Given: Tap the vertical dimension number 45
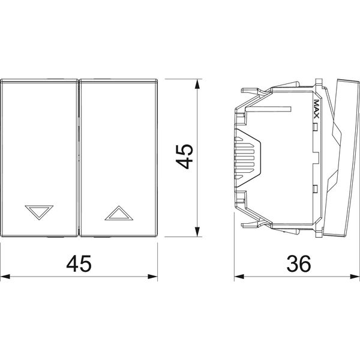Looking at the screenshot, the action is (x=184, y=157).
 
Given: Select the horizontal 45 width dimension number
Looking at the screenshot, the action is (x=79, y=263).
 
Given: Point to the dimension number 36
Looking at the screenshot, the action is (x=299, y=263).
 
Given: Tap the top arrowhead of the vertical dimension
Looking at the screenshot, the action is (x=197, y=84).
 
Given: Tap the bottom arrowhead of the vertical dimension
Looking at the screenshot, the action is (x=197, y=232).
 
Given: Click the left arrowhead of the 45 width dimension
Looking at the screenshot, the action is (x=5, y=277).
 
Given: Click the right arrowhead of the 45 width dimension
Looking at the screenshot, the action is (x=152, y=277).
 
